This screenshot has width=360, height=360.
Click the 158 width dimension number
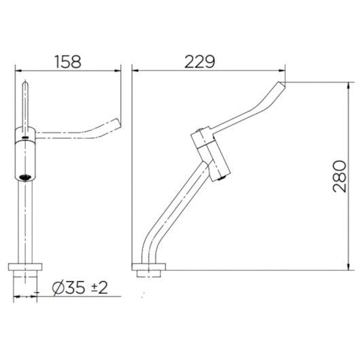(x=68, y=62)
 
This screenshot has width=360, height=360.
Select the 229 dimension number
(x=200, y=62)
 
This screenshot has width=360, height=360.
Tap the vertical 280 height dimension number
(x=340, y=177)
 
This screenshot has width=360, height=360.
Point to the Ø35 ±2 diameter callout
(x=79, y=288)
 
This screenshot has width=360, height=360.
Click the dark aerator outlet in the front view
(x=25, y=177)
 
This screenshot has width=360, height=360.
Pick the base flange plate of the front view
(x=25, y=267)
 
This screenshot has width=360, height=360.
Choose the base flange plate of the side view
(x=149, y=267)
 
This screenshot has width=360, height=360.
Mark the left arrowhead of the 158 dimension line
(x=18, y=71)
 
